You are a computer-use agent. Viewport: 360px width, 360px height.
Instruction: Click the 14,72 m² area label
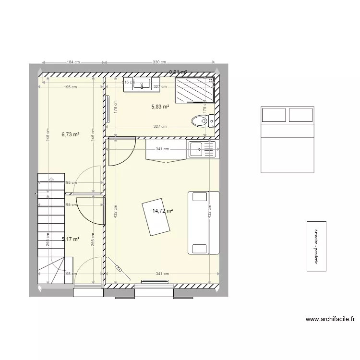163,210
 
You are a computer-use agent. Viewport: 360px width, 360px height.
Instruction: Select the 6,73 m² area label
70,135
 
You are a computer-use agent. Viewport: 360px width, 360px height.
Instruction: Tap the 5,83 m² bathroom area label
160,107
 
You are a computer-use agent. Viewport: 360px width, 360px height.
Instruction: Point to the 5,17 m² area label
70,239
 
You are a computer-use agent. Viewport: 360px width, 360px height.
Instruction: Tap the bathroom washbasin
142,84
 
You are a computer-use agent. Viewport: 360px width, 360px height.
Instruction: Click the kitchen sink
197,150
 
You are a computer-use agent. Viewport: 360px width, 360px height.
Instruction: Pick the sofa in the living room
203,222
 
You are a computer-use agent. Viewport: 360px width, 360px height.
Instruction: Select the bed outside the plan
287,139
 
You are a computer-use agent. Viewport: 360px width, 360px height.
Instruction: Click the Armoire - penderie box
316,246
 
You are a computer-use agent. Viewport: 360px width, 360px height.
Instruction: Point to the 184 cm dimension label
73,62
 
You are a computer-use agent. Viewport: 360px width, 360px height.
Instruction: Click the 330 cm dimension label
159,62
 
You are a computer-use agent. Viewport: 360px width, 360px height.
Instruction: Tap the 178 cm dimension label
116,108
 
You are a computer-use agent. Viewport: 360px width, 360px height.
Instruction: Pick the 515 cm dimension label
128,83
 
